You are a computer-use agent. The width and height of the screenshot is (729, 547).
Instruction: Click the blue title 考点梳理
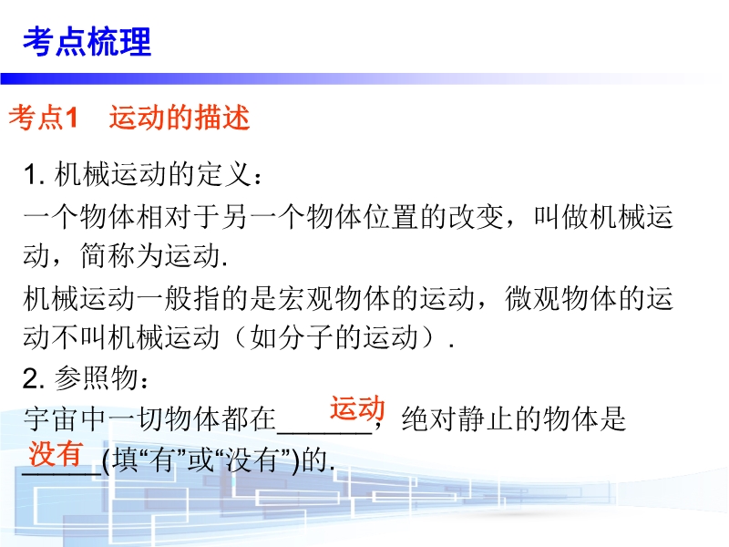[x=87, y=42]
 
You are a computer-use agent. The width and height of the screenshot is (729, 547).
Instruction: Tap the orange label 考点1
[x=43, y=118]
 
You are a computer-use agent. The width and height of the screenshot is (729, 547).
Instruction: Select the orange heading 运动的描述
[x=180, y=118]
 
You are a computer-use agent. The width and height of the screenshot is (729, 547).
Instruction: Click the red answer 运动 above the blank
[x=357, y=408]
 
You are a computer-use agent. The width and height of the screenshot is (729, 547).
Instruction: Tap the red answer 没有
[x=56, y=453]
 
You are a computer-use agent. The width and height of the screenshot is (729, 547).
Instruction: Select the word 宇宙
[x=51, y=418]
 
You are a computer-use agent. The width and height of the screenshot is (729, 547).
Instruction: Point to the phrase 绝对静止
[x=457, y=418]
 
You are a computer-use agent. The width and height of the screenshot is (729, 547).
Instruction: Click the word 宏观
[x=305, y=298]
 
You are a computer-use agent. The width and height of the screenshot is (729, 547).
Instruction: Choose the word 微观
[x=533, y=298]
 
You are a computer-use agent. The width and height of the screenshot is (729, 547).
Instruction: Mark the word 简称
[x=108, y=256]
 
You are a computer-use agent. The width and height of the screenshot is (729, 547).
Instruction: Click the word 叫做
[x=561, y=217]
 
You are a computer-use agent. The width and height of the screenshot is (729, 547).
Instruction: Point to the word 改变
[x=476, y=217]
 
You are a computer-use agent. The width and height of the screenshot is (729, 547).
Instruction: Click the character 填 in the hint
[x=126, y=460]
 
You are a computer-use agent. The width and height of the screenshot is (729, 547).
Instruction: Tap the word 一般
[x=164, y=298]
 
